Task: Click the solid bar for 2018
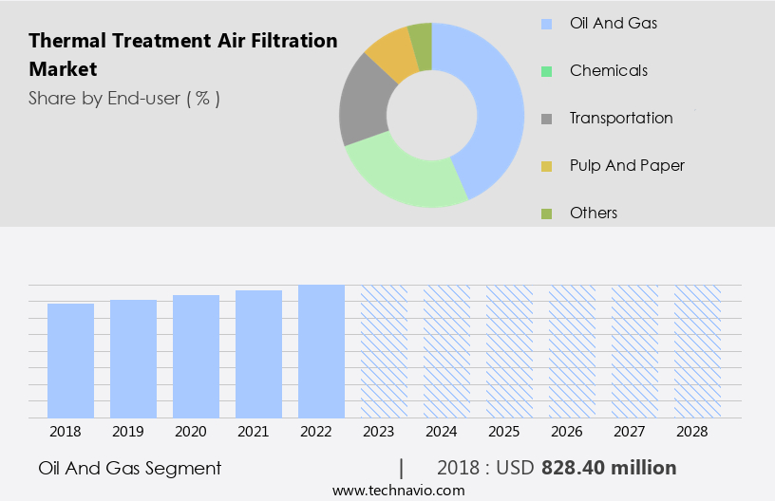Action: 70,361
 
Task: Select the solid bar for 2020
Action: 196,356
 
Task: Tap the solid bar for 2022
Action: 321,351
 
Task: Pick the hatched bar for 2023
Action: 384,351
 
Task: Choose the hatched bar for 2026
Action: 572,351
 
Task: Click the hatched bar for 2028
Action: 697,351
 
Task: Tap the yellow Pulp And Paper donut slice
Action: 391,55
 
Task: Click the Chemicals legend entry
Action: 608,70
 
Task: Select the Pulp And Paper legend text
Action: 627,165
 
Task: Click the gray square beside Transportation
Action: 547,119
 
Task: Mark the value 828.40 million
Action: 609,468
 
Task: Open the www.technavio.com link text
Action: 399,490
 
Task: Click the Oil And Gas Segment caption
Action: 130,468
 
